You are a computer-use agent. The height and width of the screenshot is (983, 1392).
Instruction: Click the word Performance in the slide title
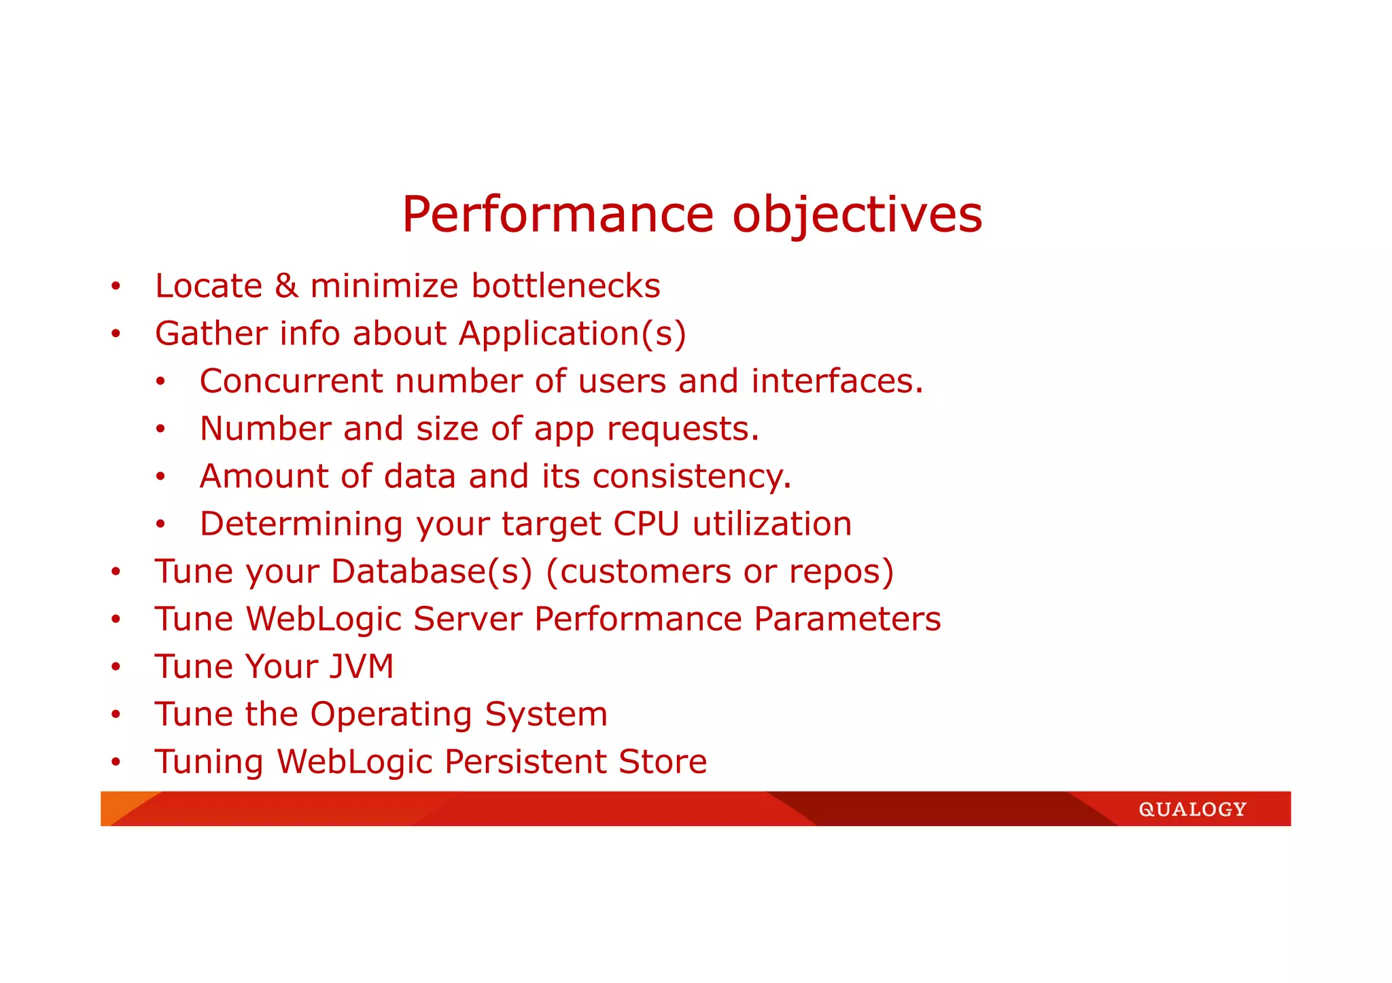point(557,215)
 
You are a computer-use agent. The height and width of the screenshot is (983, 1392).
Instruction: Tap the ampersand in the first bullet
point(286,285)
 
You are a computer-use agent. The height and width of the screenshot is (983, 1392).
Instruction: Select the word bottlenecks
point(565,285)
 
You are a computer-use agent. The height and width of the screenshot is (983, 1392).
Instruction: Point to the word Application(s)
point(572,334)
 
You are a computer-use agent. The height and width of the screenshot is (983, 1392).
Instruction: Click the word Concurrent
point(291,381)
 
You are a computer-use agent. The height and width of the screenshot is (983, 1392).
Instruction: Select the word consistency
point(691,477)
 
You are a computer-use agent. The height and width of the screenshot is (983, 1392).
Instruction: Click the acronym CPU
point(646,524)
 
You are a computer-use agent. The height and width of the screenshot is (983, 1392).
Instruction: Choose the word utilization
point(772,524)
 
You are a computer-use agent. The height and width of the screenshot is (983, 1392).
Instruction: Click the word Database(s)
point(432,572)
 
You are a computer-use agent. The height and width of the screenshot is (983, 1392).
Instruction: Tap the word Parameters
point(847,619)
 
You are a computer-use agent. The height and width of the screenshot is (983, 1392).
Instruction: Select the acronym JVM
point(362,666)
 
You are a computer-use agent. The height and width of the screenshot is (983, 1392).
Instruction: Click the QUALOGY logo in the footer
point(1192,809)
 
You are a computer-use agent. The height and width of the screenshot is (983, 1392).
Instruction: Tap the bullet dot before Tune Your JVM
point(116,667)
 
